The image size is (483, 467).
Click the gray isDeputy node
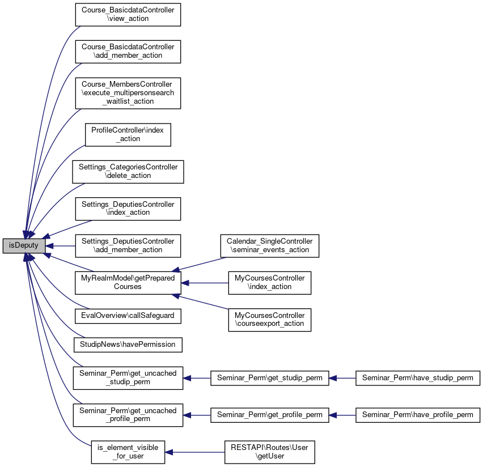coord(24,246)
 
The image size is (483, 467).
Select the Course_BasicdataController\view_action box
coord(128,15)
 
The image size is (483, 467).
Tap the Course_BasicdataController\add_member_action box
coord(128,52)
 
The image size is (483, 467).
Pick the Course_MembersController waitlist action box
coord(128,93)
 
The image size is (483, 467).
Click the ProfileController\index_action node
coord(128,135)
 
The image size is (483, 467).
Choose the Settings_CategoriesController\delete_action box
coord(128,172)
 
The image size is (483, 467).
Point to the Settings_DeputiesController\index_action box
coord(128,209)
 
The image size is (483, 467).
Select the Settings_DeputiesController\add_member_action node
coord(128,246)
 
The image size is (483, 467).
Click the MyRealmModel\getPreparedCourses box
coord(128,283)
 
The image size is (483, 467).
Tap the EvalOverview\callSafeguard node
coord(128,316)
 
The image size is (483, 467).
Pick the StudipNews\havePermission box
coord(128,345)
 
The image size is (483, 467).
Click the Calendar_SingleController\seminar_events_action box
coord(269,246)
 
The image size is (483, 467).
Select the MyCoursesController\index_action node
coord(269,283)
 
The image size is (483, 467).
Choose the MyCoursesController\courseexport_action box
coord(269,320)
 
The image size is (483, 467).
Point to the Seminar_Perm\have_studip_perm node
coord(418,378)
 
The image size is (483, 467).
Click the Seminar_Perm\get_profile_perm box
coord(269,415)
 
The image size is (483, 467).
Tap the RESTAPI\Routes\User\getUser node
coord(269,452)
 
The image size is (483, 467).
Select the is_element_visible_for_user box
coord(128,452)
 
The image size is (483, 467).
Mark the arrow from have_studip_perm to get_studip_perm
coord(342,378)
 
